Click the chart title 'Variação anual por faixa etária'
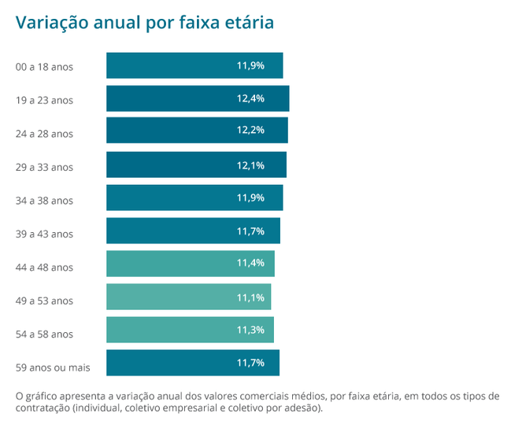tap(145, 23)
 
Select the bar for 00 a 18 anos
tap(194, 65)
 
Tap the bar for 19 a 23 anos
tap(198, 98)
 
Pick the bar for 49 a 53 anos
tap(188, 297)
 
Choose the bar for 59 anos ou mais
tap(193, 364)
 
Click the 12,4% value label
tap(250, 98)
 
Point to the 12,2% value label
tap(250, 130)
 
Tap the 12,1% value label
tap(250, 165)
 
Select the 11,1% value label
tap(250, 297)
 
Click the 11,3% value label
tap(250, 331)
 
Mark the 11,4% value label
tap(250, 263)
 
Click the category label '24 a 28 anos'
tap(44, 134)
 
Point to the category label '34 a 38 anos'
tap(44, 201)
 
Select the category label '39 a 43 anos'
tap(44, 234)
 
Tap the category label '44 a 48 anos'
tap(44, 268)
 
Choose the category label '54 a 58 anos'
tap(44, 334)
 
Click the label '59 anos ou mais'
tap(53, 367)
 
